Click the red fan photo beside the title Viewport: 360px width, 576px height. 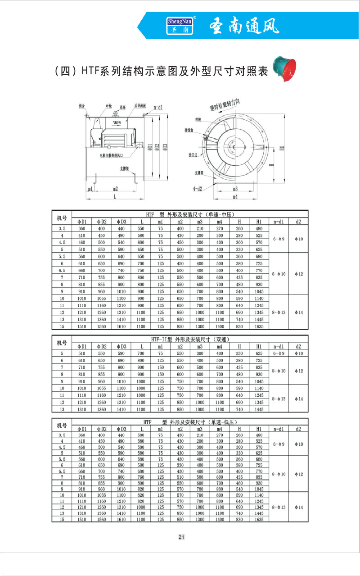click(x=283, y=68)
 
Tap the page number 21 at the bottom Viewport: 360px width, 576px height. click(x=181, y=537)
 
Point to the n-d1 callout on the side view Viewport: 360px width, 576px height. click(x=158, y=108)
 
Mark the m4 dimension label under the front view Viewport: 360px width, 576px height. click(x=235, y=197)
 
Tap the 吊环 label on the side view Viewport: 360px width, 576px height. click(x=122, y=106)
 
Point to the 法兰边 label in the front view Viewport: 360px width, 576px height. click(x=194, y=154)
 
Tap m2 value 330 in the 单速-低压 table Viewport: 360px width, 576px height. click(x=180, y=464)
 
